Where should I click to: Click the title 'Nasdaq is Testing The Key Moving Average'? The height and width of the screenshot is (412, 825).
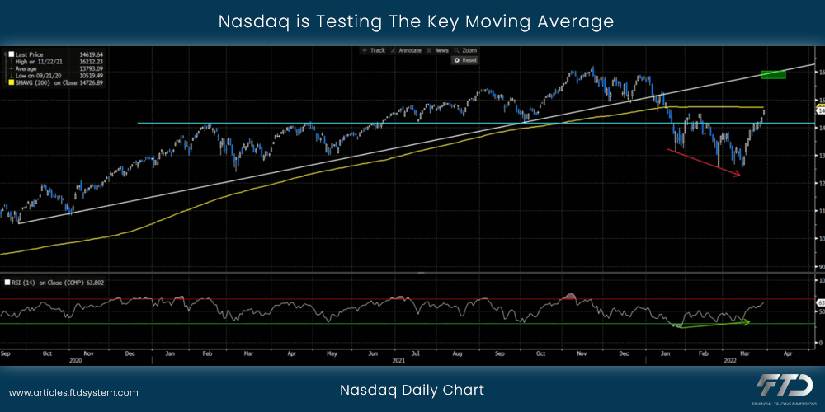pyautogui.click(x=416, y=21)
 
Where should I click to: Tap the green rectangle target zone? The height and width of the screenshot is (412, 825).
pyautogui.click(x=773, y=74)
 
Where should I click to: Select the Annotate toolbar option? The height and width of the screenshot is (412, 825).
pyautogui.click(x=406, y=50)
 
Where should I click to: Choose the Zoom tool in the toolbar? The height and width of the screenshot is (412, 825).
pyautogui.click(x=466, y=50)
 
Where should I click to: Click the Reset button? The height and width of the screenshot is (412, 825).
pyautogui.click(x=466, y=60)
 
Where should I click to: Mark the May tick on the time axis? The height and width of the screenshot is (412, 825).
pyautogui.click(x=332, y=353)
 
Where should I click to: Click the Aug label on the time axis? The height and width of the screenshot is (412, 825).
pyautogui.click(x=457, y=353)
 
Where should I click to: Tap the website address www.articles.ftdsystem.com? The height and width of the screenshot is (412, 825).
pyautogui.click(x=73, y=393)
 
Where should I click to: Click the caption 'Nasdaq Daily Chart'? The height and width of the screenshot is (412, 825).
pyautogui.click(x=412, y=390)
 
